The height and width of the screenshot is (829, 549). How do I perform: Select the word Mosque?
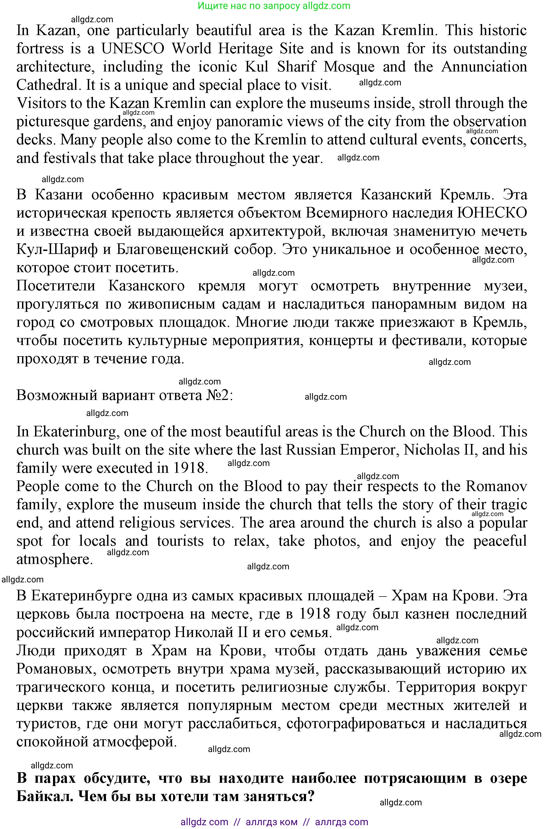pos(349,67)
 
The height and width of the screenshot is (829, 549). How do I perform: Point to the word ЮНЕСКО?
pos(492,213)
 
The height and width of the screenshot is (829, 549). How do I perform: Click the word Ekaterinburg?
pos(74,431)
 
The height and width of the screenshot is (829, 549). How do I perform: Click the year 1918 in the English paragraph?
pos(189,468)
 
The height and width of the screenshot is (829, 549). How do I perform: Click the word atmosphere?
pos(55,559)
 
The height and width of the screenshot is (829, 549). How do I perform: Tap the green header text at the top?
pos(274,6)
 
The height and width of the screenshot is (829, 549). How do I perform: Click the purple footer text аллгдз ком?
pos(272,822)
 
